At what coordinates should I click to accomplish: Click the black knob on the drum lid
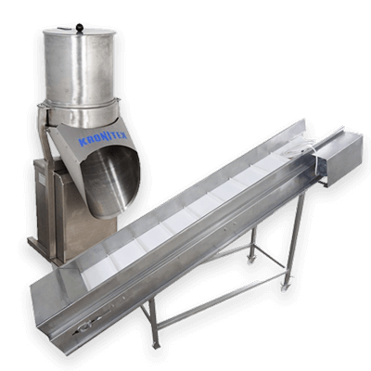coord(80,27)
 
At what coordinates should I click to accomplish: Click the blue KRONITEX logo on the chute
coord(102,137)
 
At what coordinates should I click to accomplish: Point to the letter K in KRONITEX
coord(83,142)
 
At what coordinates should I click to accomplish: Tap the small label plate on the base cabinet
coord(41,177)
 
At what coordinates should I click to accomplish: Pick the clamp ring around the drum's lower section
coord(79,104)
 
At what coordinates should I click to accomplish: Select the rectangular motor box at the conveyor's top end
coord(340,160)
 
